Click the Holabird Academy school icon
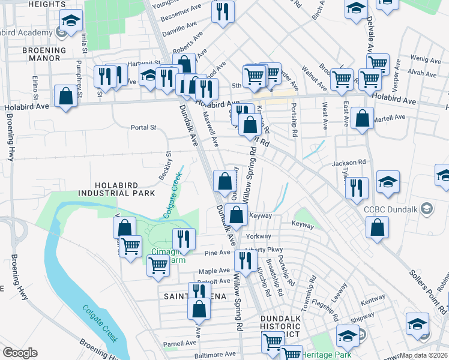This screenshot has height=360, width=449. click(x=71, y=23)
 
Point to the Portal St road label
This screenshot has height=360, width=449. click(x=143, y=127)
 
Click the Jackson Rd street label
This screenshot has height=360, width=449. click(x=349, y=163)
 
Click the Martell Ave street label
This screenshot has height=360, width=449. click(x=387, y=119)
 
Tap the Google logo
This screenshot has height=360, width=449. click(x=20, y=353)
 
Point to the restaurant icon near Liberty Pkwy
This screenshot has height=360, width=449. click(x=244, y=260)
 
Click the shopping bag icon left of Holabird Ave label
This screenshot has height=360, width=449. click(x=65, y=96)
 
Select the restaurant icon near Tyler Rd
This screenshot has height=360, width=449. click(x=357, y=187)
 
